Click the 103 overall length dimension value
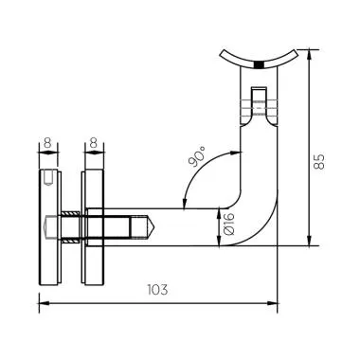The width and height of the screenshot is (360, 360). (x=158, y=290)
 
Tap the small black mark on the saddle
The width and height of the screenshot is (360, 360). (x=258, y=64)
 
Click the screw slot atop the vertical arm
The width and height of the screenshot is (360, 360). (x=259, y=99)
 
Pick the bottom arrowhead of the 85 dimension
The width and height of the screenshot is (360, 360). (x=311, y=243)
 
